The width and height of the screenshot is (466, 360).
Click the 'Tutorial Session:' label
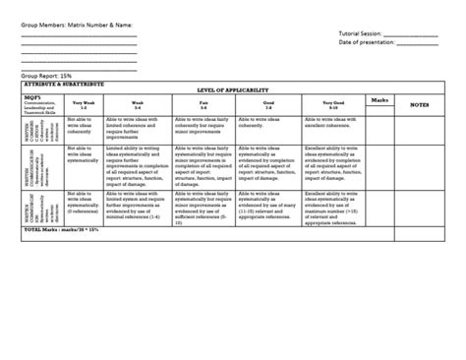click(360, 32)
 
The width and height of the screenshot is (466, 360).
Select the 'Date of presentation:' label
click(367, 41)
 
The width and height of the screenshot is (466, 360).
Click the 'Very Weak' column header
click(82, 100)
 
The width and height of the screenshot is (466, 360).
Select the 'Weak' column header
click(138, 99)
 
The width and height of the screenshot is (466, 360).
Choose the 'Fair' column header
click(204, 99)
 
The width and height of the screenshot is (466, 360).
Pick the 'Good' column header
click(267, 99)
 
